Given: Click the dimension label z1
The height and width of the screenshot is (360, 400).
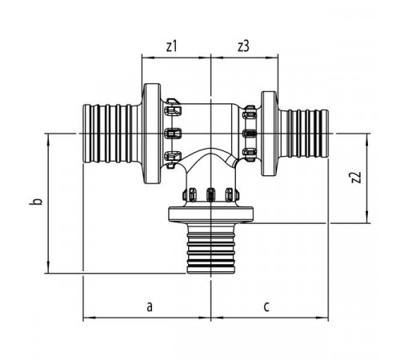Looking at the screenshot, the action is (x=171, y=46).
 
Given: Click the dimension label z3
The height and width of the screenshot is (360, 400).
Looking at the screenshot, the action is (x=243, y=46).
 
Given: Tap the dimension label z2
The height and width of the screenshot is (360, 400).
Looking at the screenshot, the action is (x=356, y=178).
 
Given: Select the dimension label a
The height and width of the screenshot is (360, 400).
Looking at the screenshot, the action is (x=150, y=306).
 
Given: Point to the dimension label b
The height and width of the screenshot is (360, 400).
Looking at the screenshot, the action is (x=39, y=202).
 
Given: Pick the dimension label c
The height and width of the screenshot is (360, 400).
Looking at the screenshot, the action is (x=266, y=307).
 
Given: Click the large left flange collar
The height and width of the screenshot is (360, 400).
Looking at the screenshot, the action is (x=152, y=134).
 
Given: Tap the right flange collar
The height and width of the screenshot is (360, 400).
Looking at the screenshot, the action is (x=269, y=134).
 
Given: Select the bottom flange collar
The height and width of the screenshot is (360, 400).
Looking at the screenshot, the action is (x=210, y=215).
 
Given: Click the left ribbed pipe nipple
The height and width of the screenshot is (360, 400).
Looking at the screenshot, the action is (x=112, y=134).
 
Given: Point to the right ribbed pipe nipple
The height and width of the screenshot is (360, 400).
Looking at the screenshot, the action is (x=304, y=134).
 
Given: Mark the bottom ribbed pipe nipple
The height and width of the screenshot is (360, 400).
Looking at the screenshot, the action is (x=211, y=249).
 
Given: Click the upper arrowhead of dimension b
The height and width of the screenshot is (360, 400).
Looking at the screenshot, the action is (x=48, y=139).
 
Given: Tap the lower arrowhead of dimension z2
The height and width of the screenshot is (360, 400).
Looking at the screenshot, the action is (x=367, y=217).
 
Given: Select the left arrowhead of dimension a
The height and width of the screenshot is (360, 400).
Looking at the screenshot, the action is (x=89, y=318).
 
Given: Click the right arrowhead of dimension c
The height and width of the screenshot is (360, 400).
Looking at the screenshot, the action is (x=322, y=318).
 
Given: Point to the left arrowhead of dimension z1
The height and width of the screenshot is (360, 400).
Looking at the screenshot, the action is (x=148, y=58).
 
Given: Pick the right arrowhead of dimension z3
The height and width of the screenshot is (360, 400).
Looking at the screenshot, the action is (x=272, y=58).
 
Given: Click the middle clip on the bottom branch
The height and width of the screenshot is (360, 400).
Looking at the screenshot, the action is (x=211, y=194).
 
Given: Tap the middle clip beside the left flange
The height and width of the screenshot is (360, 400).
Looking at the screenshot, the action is (x=173, y=134).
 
